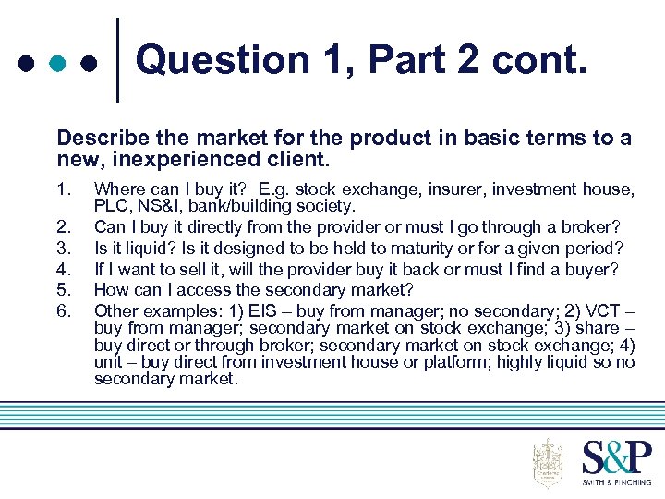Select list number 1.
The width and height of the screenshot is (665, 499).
click(63, 190)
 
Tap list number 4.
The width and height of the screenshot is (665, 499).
click(63, 269)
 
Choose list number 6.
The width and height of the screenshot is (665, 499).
click(63, 310)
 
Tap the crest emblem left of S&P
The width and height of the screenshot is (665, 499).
click(548, 462)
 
